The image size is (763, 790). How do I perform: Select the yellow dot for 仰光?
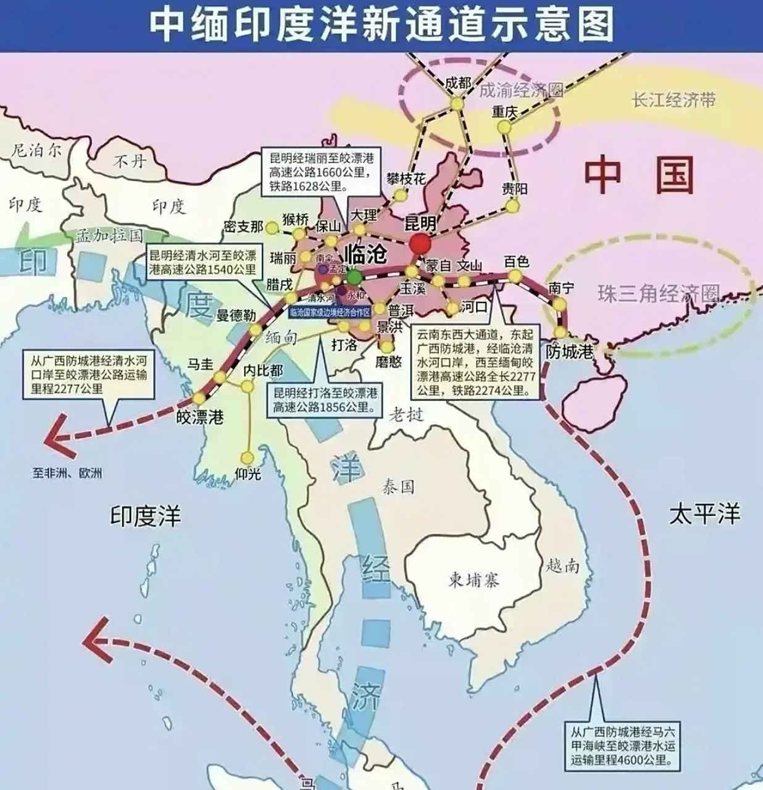tap(248, 457)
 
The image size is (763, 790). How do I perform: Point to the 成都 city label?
tap(457, 83)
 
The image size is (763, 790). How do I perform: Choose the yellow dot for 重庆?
tap(505, 127)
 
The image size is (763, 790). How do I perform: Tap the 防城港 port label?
tap(569, 352)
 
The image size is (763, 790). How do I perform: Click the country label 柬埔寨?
tap(473, 580)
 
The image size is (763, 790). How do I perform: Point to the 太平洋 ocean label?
tap(704, 513)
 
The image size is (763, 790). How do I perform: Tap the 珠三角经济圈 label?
tap(659, 293)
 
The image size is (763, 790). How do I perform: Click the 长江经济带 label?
tap(674, 100)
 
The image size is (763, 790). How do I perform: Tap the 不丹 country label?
tap(131, 161)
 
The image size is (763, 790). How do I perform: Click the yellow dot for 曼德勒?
tap(255, 331)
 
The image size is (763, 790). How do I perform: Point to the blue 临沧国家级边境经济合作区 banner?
tap(330, 313)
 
